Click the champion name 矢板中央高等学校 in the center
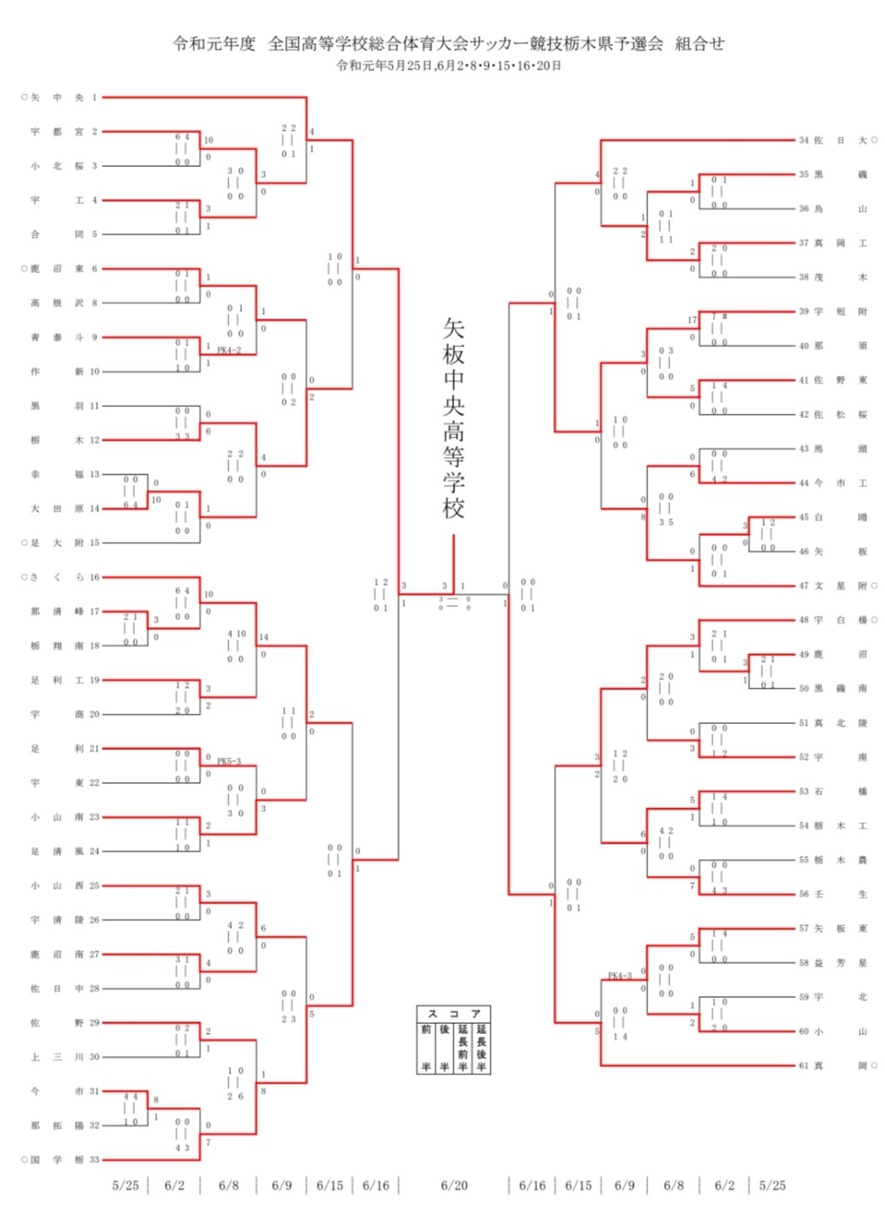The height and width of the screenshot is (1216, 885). (x=453, y=418)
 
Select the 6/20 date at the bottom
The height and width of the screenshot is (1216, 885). (x=453, y=1185)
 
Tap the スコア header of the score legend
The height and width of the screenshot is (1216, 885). (x=453, y=1013)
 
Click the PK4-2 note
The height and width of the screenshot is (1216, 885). (x=229, y=350)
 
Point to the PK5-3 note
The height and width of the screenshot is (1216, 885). (x=229, y=761)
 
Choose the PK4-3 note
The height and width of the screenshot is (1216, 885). (x=619, y=976)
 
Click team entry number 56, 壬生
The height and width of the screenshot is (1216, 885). (x=833, y=894)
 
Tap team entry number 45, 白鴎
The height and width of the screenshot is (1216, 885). (x=833, y=517)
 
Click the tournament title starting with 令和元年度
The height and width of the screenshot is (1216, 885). (x=448, y=44)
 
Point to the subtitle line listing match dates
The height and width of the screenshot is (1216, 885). (x=448, y=66)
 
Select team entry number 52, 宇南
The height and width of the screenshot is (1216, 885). (x=833, y=757)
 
